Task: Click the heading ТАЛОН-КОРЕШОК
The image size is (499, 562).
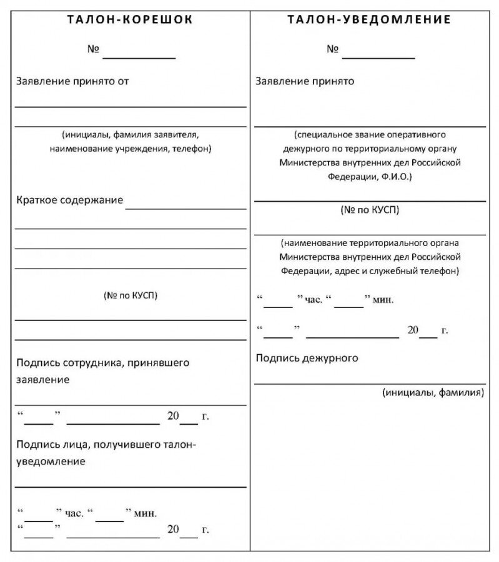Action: coord(130,19)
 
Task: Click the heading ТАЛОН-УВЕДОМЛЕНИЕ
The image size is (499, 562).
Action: coord(369,19)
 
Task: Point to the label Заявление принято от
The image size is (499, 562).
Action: coord(72,81)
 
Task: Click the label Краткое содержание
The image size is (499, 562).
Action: coord(69,200)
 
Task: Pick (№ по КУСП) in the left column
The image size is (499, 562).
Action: coord(131,295)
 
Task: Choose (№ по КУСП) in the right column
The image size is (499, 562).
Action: coord(370,210)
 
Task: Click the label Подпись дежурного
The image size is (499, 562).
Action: coord(307,358)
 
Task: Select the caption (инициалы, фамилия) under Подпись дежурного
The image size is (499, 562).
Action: coord(433,393)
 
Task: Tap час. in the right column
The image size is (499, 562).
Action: coord(314,300)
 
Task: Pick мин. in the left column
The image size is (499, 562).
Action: coord(145,513)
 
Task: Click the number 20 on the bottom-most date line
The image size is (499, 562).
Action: coord(173,530)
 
